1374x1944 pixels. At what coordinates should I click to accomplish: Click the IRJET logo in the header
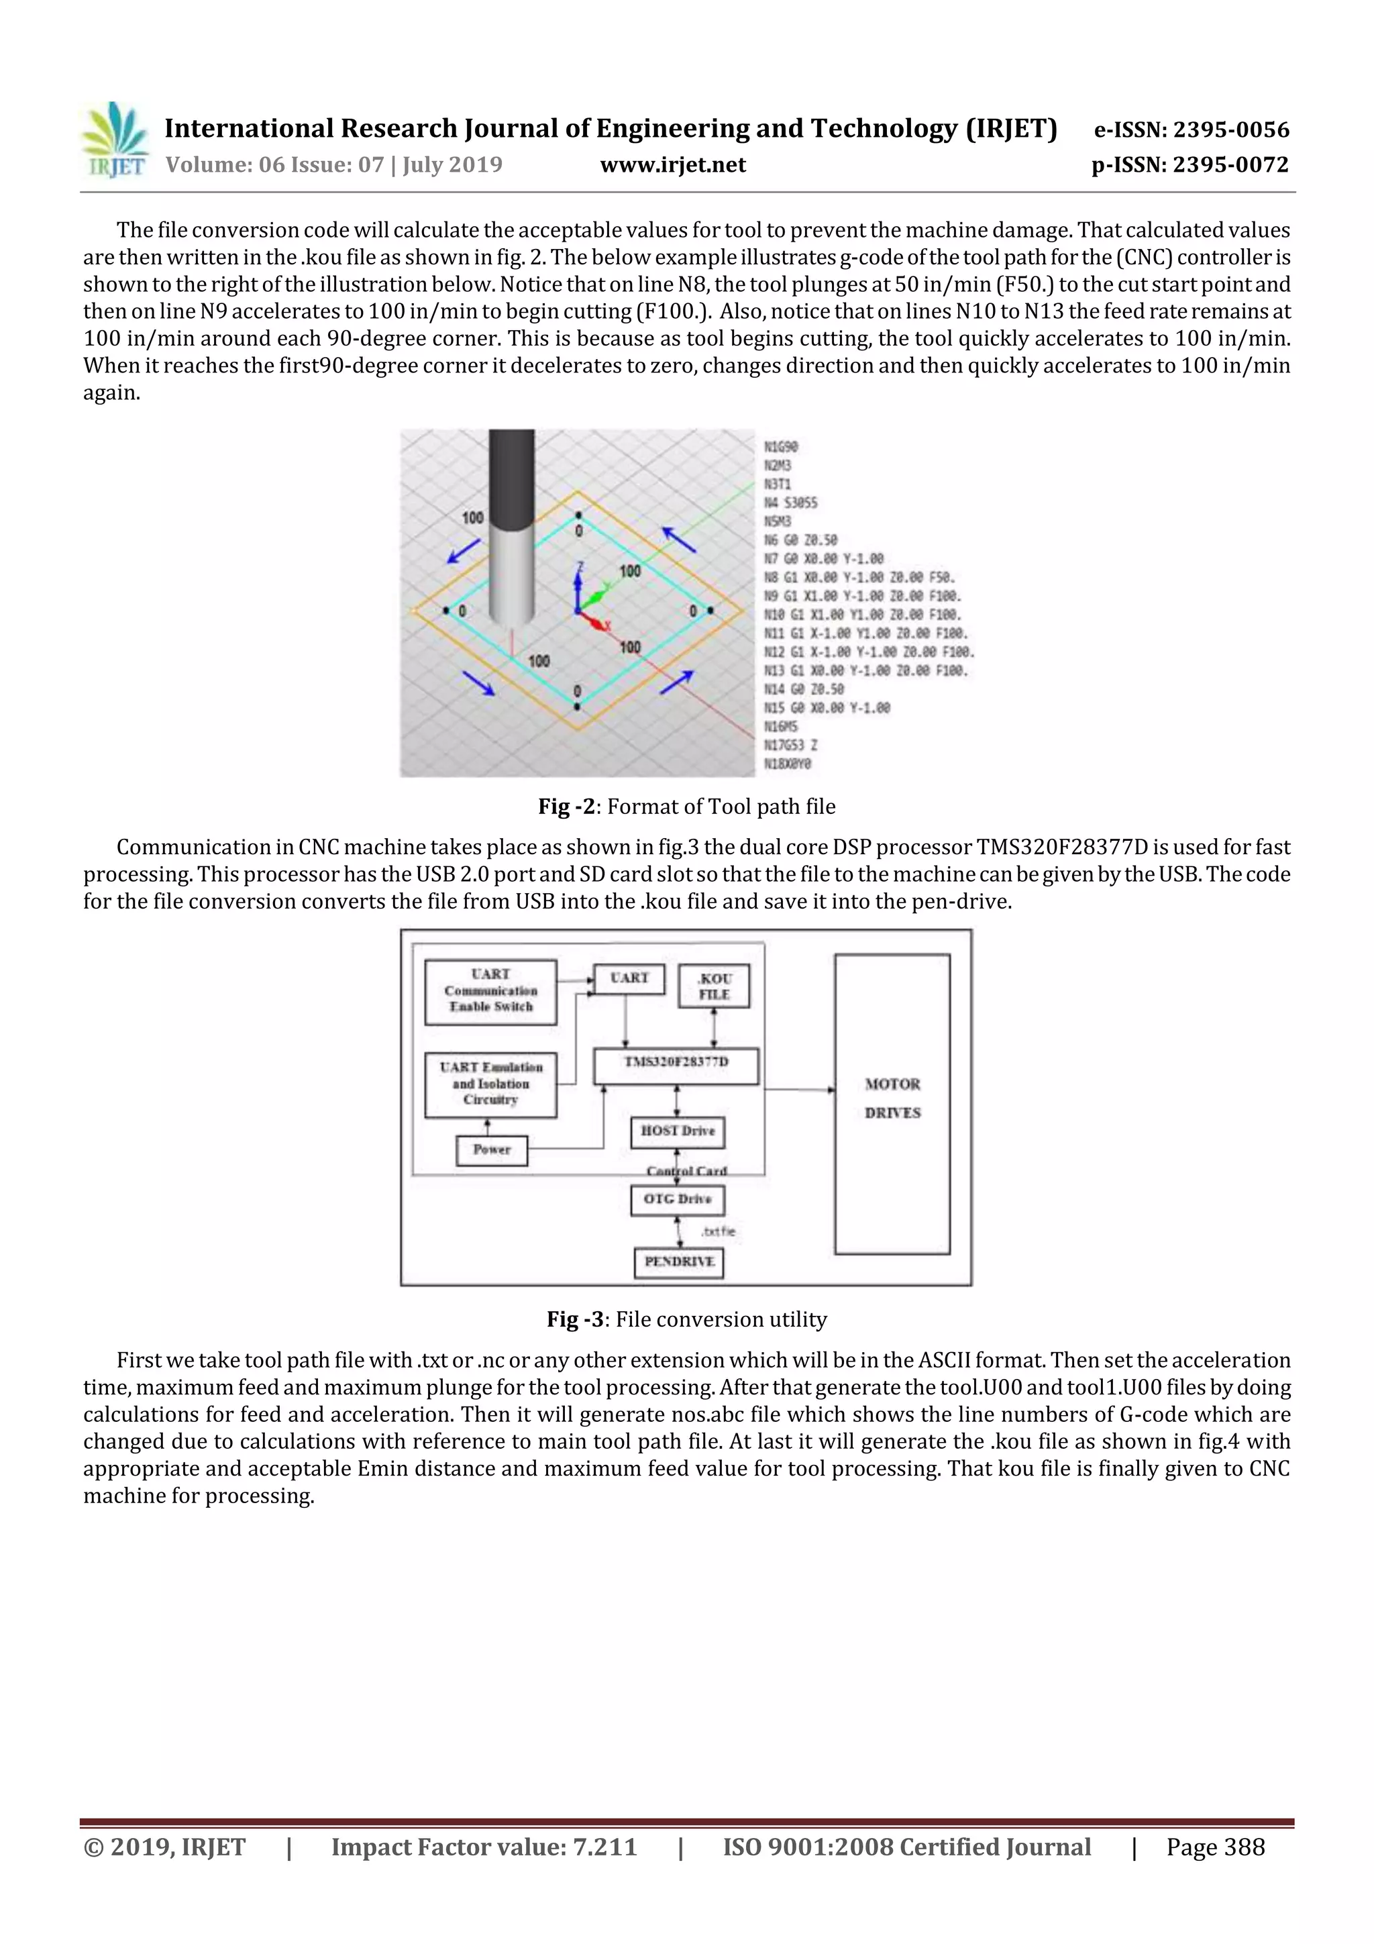114,140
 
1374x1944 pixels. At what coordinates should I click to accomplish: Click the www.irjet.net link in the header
672,165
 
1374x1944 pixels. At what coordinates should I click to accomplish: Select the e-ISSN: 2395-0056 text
1190,130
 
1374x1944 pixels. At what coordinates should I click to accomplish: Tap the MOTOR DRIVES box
892,1103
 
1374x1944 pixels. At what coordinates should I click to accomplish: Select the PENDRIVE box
679,1262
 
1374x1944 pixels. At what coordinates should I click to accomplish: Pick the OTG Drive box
677,1200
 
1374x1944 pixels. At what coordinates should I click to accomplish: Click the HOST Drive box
677,1132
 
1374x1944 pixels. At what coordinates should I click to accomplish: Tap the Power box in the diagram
491,1149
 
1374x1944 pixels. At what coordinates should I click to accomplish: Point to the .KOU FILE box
714,986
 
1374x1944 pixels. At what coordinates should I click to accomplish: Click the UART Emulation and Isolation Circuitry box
490,1084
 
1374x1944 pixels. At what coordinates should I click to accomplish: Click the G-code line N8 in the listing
859,578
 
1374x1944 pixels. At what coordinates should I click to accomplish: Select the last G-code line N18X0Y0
788,764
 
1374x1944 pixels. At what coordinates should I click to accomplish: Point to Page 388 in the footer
1215,1847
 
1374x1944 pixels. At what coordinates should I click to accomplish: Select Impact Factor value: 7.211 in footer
484,1847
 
